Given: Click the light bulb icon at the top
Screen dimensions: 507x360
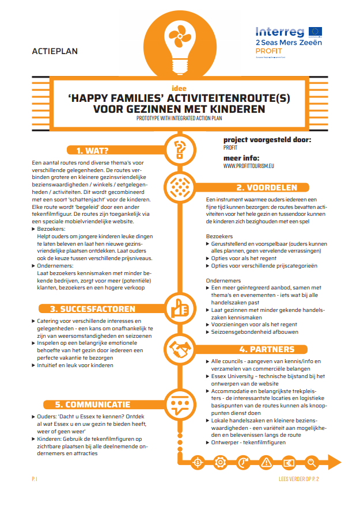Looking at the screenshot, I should (x=179, y=34).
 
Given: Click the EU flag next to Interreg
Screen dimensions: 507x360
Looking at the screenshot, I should (x=315, y=31).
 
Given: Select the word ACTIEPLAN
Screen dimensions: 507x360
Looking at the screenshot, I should (x=55, y=51).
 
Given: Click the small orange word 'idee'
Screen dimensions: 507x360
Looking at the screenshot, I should (x=179, y=89).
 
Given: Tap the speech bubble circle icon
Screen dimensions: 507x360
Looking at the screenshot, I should (x=180, y=405).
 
